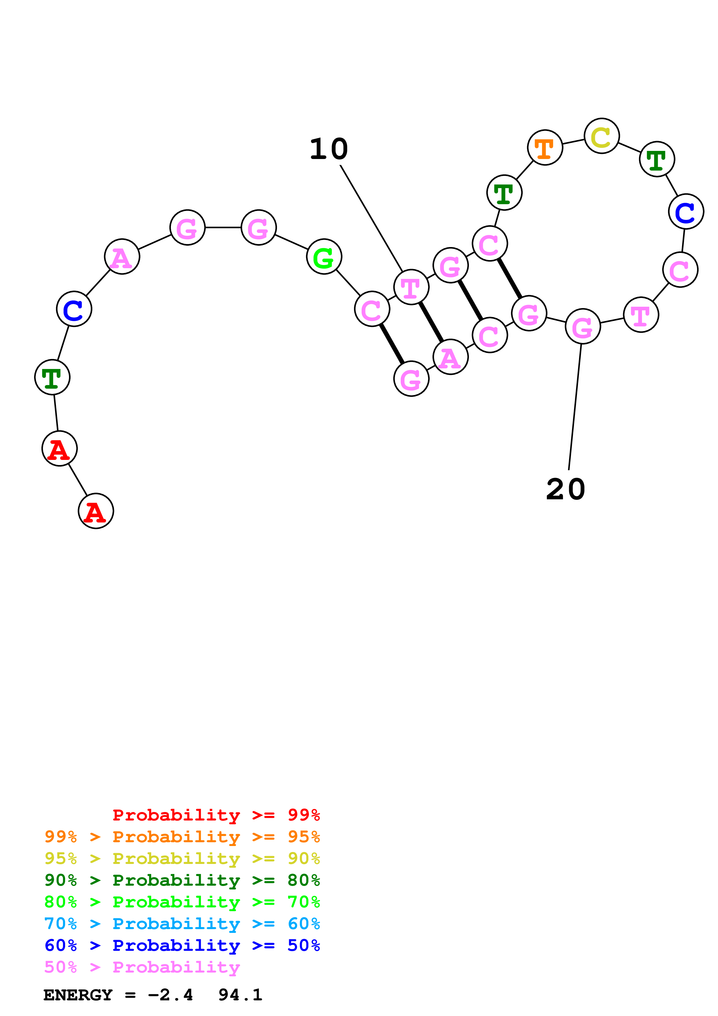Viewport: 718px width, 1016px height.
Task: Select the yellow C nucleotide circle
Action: tap(601, 136)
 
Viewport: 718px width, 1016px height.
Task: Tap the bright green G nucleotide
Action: tap(324, 257)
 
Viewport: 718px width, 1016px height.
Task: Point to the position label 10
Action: tap(329, 149)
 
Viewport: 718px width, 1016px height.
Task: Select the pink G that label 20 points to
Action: tap(583, 326)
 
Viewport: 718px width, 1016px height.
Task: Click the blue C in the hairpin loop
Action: tap(686, 211)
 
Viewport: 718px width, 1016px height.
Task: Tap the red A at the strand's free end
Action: tap(96, 511)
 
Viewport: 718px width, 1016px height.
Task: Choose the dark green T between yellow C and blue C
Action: tap(657, 159)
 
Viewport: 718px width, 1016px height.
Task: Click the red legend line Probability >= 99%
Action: tap(216, 815)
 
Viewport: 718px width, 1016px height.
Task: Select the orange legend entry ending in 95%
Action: tap(182, 837)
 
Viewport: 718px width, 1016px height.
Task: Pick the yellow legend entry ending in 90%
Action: tap(182, 858)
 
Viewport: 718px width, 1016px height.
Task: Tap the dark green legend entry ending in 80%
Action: tap(182, 880)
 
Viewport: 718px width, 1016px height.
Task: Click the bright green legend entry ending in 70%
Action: tap(182, 902)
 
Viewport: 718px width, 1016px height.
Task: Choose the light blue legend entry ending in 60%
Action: tap(182, 924)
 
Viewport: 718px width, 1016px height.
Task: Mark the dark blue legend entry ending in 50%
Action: tap(182, 945)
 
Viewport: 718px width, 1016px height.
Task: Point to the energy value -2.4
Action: tap(170, 995)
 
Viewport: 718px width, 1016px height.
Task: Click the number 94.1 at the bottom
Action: tap(240, 995)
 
